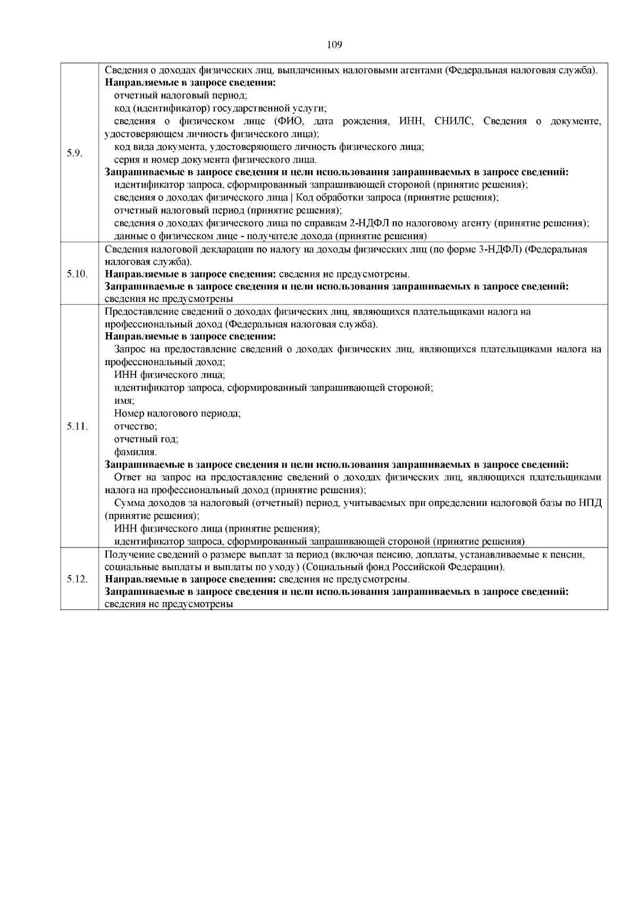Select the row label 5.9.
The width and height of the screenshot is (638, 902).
74,154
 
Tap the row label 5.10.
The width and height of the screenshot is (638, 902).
77,274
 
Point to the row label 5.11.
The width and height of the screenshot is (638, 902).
77,426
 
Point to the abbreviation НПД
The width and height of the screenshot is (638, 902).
590,503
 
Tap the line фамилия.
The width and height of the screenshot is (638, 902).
135,452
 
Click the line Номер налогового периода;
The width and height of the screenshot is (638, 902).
177,414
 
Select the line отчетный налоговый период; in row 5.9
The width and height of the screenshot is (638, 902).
181,96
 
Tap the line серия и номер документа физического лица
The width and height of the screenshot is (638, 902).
215,160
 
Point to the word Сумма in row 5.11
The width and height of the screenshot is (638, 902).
128,503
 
